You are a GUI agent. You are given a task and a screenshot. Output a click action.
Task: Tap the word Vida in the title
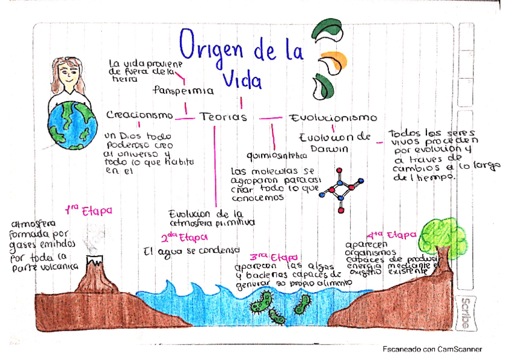241,78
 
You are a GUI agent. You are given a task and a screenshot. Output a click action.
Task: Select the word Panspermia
183,91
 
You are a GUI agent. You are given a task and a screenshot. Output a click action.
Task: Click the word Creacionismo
140,115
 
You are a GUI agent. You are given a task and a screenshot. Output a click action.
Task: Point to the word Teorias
223,117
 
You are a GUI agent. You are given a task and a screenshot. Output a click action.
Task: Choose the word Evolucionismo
333,118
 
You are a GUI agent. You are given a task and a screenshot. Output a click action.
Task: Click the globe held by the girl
72,124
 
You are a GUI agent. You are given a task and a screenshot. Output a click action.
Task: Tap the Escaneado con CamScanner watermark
433,349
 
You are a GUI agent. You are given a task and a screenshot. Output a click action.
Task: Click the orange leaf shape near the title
336,61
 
